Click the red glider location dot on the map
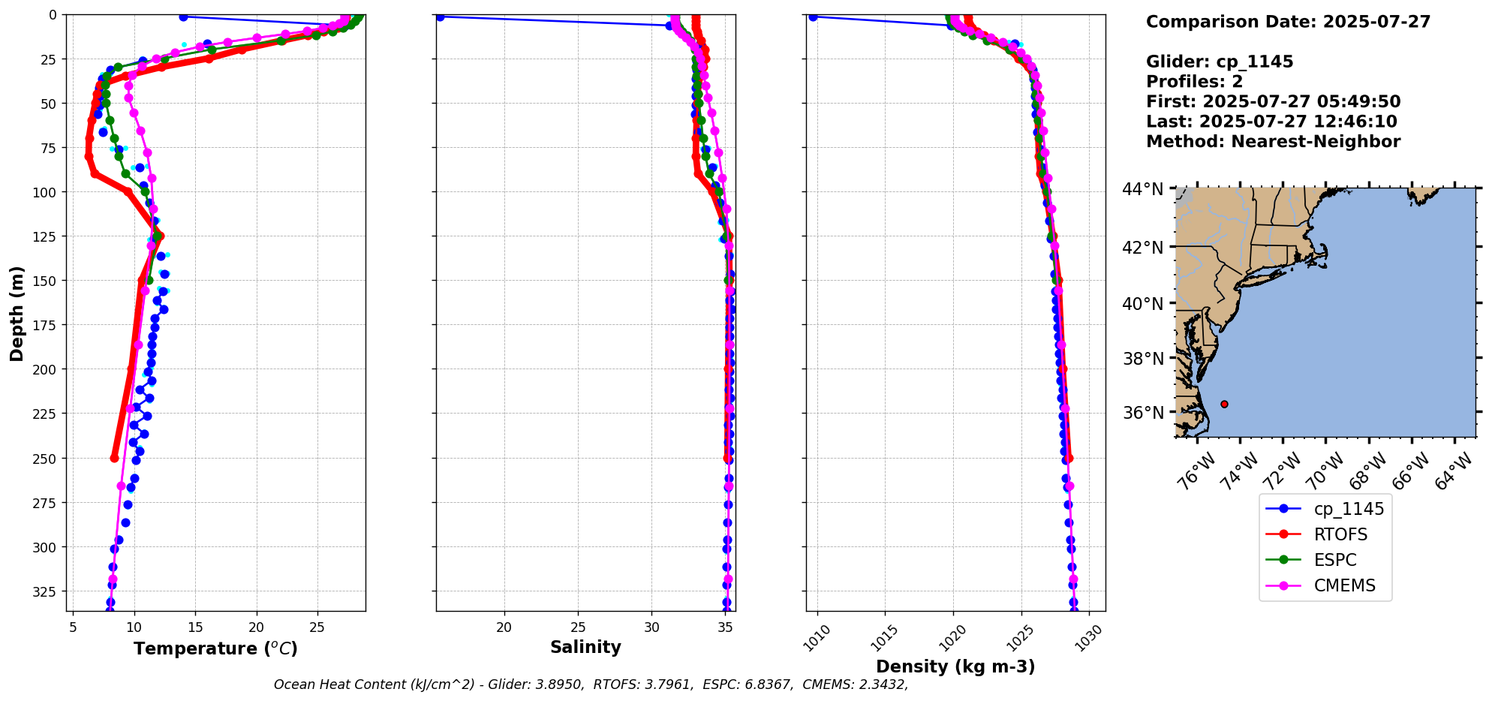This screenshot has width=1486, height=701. click(x=1224, y=404)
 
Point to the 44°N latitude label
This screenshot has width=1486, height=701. click(x=1143, y=189)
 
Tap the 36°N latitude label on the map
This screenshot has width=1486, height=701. click(x=1143, y=413)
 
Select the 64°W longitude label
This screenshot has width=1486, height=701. click(x=1454, y=472)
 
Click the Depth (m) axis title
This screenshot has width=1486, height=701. click(x=17, y=313)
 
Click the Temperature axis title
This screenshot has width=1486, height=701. click(x=215, y=648)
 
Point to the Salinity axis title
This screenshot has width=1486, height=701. click(x=585, y=647)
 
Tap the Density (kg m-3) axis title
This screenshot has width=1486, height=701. click(x=955, y=666)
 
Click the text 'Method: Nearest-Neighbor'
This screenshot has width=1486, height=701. click(x=1273, y=142)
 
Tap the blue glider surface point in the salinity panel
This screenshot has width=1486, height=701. click(x=440, y=17)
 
